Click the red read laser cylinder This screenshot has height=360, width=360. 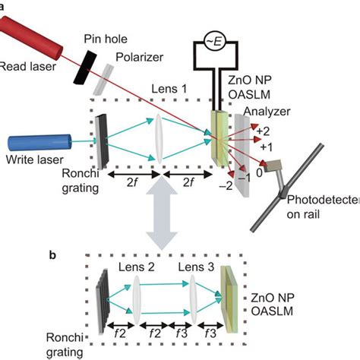coord(34,35)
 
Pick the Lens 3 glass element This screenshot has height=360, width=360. coord(195,294)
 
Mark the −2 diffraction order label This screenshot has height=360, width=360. coord(225,184)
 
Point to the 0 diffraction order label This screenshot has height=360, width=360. coord(261,173)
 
